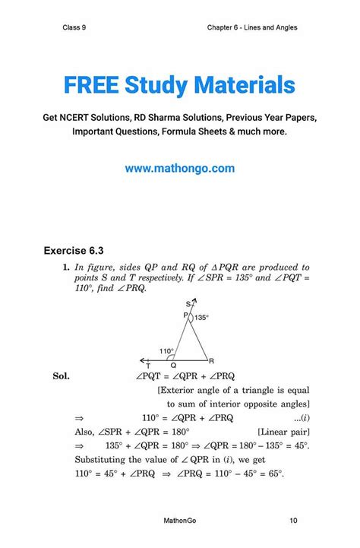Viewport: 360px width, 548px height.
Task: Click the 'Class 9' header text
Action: [74, 28]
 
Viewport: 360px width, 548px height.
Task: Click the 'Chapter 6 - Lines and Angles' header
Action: [251, 28]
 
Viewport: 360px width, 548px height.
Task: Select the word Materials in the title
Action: [247, 84]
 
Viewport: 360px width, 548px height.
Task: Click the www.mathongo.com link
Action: [180, 168]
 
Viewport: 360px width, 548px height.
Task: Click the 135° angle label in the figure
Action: [201, 318]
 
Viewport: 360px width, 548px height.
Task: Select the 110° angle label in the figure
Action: [167, 350]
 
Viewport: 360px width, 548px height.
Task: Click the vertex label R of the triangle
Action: [212, 360]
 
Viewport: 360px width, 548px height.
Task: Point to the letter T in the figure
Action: [148, 366]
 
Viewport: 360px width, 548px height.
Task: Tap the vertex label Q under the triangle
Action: [173, 366]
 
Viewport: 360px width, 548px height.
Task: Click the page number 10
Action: [293, 521]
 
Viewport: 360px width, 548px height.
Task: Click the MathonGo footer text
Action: [181, 521]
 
